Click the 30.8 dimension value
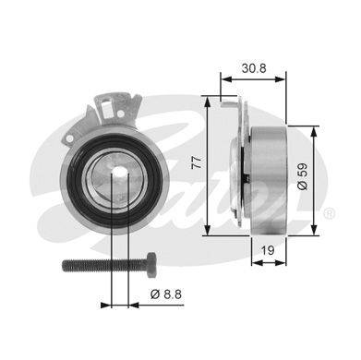(x=254, y=68)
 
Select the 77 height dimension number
(x=198, y=162)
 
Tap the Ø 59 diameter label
(x=303, y=176)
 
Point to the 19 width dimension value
(x=268, y=250)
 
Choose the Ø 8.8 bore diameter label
(x=166, y=294)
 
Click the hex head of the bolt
(x=150, y=265)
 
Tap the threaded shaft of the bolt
(x=104, y=265)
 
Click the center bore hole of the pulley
(x=119, y=174)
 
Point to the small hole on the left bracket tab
(x=70, y=138)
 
